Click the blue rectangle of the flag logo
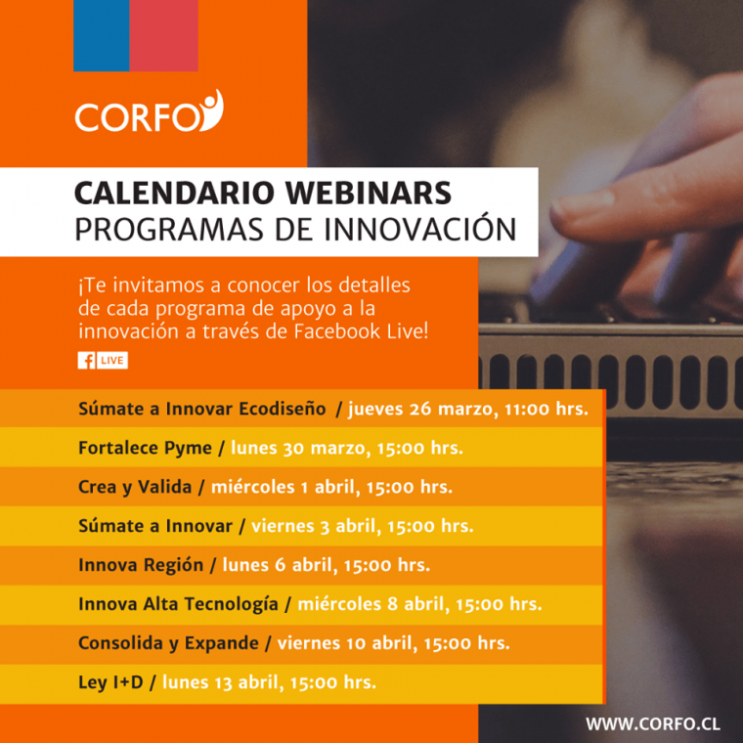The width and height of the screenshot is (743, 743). pos(102,35)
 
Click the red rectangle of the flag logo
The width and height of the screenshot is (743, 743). pos(164,35)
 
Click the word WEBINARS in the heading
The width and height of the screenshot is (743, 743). pos(369,193)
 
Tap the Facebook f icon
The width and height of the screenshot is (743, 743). pos(87,361)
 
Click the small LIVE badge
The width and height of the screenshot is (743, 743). pos(112,361)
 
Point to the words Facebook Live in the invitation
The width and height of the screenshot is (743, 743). pos(359,331)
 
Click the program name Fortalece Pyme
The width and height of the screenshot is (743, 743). pos(145,448)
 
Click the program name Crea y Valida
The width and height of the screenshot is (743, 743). pos(135,487)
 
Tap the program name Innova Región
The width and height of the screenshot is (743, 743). pos(141,565)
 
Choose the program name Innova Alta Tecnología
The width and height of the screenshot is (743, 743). pos(178,604)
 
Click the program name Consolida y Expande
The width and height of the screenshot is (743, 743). pos(168,643)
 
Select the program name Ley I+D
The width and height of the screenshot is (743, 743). pos(110,682)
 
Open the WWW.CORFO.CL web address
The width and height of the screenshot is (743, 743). pos(653,724)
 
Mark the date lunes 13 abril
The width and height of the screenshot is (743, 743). pos(223,682)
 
